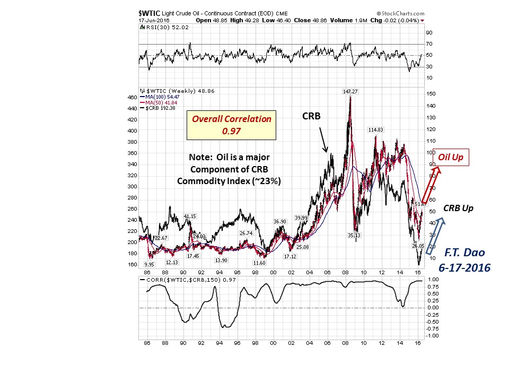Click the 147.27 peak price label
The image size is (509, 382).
point(350,91)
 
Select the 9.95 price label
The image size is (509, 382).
point(149,264)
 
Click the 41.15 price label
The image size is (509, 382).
point(190,216)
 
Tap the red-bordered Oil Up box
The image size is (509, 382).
point(452,158)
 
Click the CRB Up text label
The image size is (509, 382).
point(458,209)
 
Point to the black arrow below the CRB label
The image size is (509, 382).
point(323,140)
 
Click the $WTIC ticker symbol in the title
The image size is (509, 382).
point(147,13)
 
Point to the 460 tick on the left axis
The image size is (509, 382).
point(132,97)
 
